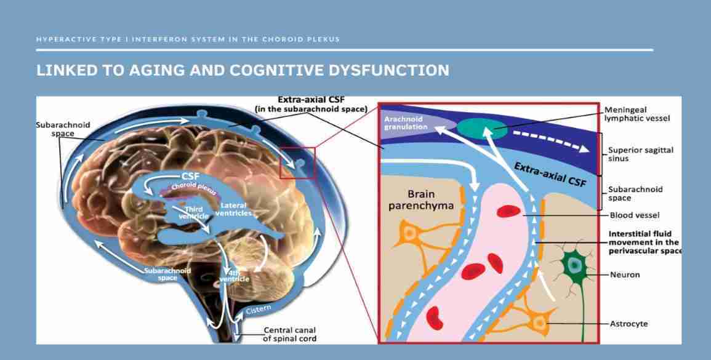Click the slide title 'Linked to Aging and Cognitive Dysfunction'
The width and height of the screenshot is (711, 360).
pos(243,70)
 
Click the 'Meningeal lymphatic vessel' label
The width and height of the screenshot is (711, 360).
pos(637,114)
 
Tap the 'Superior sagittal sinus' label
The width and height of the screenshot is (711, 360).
pos(641,154)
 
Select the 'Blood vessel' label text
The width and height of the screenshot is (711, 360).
pos(635,215)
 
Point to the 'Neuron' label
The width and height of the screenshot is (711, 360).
pos(624,274)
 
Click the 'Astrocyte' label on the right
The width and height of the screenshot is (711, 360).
pos(629,324)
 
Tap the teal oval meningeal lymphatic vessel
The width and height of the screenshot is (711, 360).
pos(481,129)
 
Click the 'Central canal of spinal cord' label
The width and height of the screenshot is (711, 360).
pos(290,334)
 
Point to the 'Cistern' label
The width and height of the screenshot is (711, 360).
pos(259,310)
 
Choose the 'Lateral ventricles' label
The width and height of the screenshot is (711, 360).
pos(233,209)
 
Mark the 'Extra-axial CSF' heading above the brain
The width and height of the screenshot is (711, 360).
pos(311,104)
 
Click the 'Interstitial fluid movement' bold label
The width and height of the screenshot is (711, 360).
pos(645,242)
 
